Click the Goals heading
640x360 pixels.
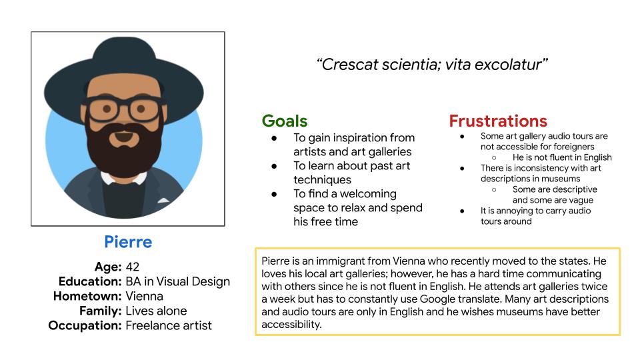click(285, 121)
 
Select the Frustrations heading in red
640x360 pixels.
click(498, 121)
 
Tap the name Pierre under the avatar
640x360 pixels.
click(128, 241)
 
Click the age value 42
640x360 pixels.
click(132, 267)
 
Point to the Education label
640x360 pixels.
click(90, 281)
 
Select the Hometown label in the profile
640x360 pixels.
click(87, 296)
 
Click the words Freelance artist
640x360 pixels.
click(169, 325)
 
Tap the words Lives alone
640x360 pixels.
click(156, 311)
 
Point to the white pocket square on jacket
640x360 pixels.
click(163, 200)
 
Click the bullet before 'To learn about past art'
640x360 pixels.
click(274, 166)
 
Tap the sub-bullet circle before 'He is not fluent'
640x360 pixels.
click(494, 157)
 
